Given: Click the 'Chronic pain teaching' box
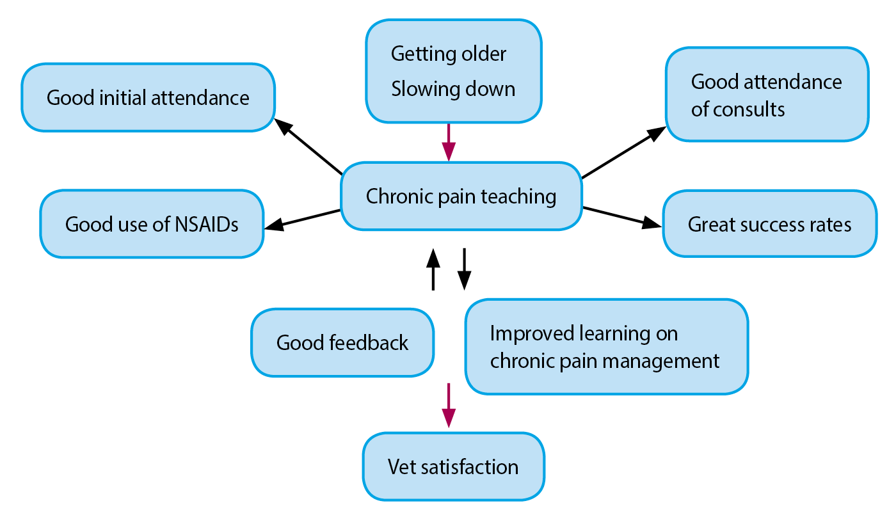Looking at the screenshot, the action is tap(461, 196).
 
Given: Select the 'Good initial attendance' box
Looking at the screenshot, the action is tap(148, 97).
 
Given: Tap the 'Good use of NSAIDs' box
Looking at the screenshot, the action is tap(152, 224).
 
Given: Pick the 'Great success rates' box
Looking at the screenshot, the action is tap(769, 224).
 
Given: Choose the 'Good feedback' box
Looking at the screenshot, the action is tap(342, 343).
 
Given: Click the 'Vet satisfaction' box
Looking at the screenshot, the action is tap(453, 466).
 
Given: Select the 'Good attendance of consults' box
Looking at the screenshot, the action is tap(767, 95).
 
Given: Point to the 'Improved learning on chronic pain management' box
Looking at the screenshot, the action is tap(607, 347).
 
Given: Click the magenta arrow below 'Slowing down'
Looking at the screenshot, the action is tap(449, 142).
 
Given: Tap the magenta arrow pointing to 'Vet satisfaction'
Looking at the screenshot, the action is tap(449, 406).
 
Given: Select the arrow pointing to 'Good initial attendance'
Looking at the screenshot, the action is tap(308, 147).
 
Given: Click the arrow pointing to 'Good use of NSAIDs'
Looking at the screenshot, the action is tap(302, 220).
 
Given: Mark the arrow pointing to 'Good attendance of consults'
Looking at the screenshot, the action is tap(624, 152).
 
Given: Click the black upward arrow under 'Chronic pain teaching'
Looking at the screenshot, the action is tap(433, 269).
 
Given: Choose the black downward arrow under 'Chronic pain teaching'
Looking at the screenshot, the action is tap(464, 269).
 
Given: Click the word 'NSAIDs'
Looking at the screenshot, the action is tap(206, 225).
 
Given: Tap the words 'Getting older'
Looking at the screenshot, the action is tap(449, 54).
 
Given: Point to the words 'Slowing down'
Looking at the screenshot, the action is tap(453, 89).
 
